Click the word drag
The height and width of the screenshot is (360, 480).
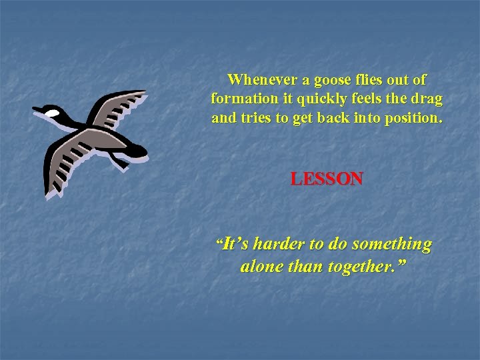click(427, 99)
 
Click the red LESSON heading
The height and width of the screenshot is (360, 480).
click(327, 179)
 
